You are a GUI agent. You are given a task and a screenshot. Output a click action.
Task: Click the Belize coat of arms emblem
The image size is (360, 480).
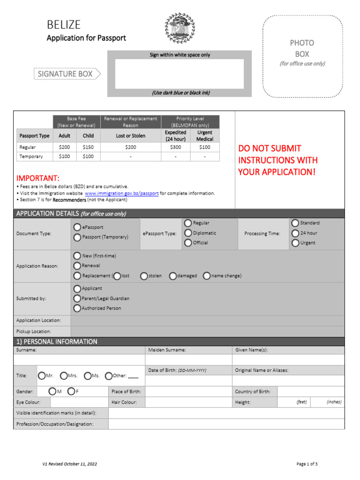click(x=180, y=28)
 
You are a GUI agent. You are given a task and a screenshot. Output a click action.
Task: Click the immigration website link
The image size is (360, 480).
click(x=121, y=193)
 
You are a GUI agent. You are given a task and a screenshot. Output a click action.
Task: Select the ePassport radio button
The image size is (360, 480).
click(x=77, y=227)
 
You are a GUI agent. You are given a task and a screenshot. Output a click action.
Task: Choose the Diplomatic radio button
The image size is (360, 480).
click(x=188, y=233)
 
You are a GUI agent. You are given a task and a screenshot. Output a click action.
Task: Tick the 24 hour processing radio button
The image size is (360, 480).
click(x=295, y=233)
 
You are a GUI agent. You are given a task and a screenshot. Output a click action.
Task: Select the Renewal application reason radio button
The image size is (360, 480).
click(x=77, y=266)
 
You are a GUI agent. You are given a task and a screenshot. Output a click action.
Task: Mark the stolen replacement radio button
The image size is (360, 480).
click(x=144, y=276)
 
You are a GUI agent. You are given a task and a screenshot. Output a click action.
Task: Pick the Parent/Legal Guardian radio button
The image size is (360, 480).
click(x=77, y=299)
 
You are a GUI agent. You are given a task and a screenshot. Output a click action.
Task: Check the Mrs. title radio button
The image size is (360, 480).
click(x=64, y=375)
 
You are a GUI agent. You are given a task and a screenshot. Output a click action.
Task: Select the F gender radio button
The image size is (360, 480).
click(x=71, y=391)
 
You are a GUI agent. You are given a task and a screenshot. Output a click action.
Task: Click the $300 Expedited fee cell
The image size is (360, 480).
click(x=176, y=147)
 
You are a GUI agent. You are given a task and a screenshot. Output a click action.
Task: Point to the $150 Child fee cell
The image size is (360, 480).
click(x=88, y=147)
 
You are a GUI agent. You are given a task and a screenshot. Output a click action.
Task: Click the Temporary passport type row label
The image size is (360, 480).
click(x=31, y=157)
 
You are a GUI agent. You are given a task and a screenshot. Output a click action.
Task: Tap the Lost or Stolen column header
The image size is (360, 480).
click(x=131, y=136)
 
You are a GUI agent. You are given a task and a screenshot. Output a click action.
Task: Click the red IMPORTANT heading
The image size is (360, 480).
click(x=38, y=179)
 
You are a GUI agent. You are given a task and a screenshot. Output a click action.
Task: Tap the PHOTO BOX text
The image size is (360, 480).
click(x=302, y=48)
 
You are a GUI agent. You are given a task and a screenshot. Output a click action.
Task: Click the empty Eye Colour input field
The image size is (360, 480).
click(x=79, y=402)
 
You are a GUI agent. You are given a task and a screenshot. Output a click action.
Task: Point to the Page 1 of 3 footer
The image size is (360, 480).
click(x=307, y=464)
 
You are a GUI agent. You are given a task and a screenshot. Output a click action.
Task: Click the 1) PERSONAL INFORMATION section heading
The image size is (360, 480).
click(x=57, y=342)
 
